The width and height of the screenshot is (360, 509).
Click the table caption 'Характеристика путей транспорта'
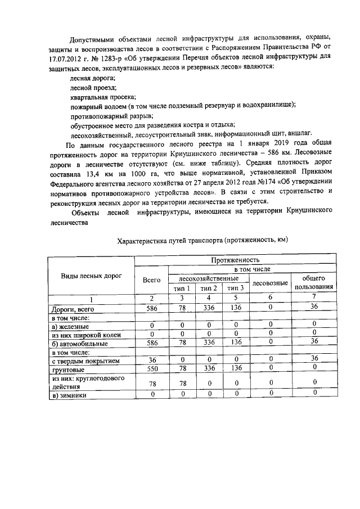click(202, 241)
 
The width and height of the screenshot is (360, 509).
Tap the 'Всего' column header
click(152, 280)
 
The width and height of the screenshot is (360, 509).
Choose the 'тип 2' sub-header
click(209, 288)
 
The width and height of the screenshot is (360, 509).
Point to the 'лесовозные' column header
click(270, 283)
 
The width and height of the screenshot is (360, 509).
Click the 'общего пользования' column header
click(314, 283)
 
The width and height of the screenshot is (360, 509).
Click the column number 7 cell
click(314, 298)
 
